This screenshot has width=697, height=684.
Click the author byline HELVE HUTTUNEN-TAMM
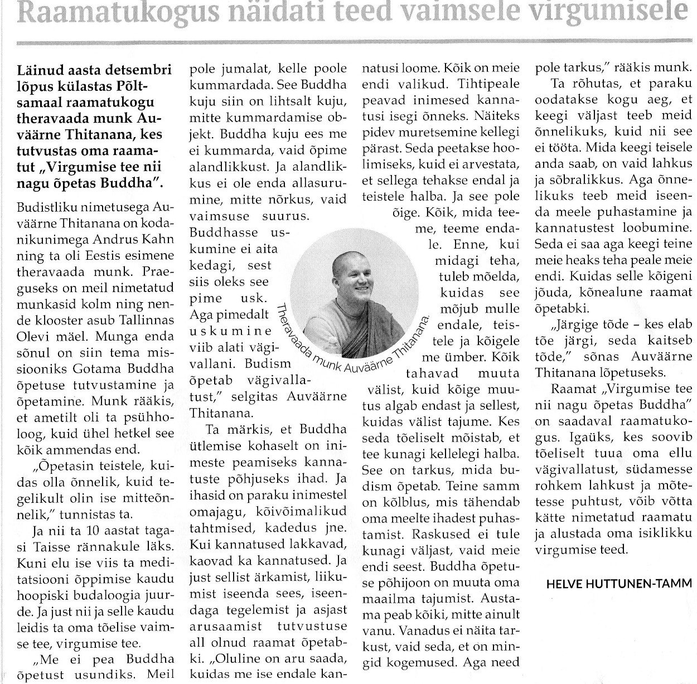(618, 584)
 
